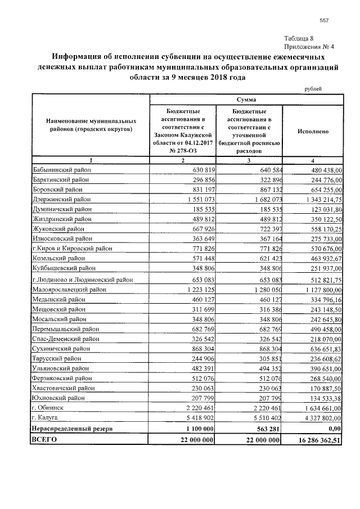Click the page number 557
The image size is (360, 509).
coord(323,21)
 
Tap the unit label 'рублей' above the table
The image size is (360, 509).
coord(313,89)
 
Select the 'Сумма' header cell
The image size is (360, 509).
coord(246,100)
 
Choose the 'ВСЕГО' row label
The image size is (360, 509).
coord(45,439)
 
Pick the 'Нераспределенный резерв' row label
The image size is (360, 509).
coord(72,428)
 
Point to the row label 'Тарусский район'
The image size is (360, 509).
coord(57,359)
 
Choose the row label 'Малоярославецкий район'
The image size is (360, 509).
coord(70,290)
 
